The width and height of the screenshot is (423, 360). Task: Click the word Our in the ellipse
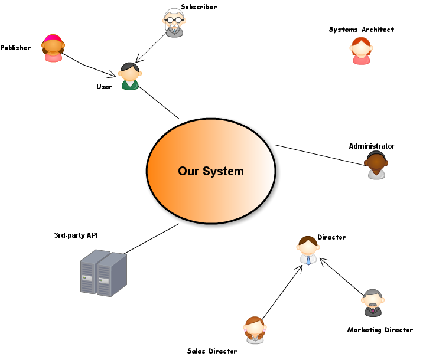[188, 171]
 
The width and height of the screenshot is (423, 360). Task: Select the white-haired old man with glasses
[174, 22]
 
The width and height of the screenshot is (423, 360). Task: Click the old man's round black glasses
[174, 20]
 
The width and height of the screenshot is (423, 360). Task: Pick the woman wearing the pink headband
[53, 48]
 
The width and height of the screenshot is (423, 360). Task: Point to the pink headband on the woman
[53, 38]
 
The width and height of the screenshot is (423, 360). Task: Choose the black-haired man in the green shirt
[130, 76]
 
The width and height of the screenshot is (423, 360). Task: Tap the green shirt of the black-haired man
[130, 85]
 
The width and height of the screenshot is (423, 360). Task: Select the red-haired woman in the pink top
[361, 50]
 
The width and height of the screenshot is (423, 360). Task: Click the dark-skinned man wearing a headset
[376, 165]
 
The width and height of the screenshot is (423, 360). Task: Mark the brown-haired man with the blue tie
[308, 250]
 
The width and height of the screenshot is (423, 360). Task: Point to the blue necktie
[308, 260]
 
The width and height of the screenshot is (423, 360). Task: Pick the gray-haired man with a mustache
[373, 302]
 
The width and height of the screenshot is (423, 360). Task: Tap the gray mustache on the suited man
[373, 305]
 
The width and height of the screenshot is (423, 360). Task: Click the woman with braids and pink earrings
[255, 330]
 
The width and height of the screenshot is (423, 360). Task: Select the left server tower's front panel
[87, 277]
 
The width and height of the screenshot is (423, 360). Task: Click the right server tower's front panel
[104, 280]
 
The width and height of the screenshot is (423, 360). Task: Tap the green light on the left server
[84, 277]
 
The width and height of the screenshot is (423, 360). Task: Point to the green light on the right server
[101, 280]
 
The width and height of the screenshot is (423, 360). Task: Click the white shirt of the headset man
[376, 175]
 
